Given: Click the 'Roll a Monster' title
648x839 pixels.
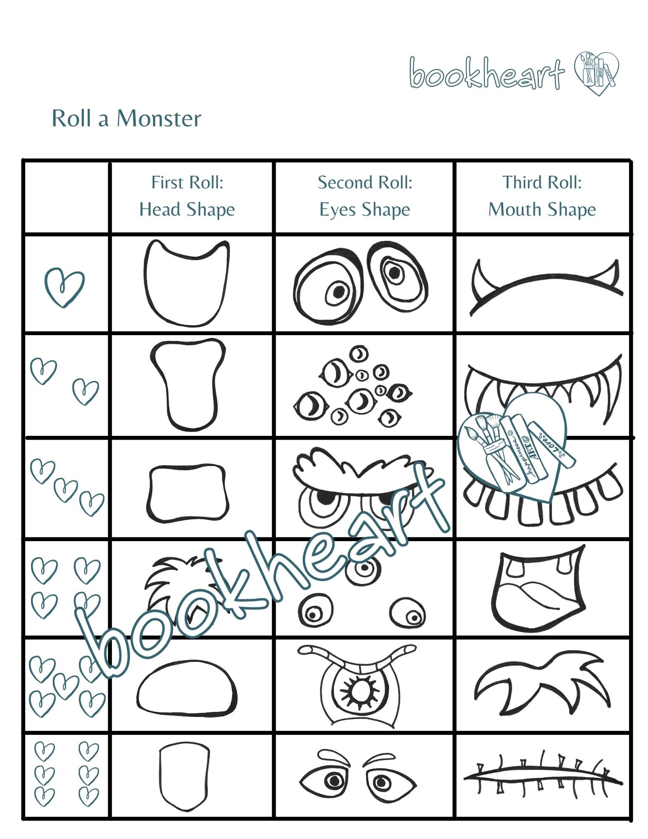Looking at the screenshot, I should [126, 119].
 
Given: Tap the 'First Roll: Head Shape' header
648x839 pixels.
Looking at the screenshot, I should [187, 196].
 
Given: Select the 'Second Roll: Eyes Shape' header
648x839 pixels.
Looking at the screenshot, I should [364, 196].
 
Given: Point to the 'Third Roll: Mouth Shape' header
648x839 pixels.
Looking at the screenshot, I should [542, 196].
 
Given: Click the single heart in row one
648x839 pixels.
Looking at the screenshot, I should [64, 287].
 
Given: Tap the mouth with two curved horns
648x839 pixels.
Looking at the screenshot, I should [545, 285].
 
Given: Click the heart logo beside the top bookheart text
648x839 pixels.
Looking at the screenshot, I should [596, 73].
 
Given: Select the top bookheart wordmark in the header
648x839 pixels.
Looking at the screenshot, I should [487, 74].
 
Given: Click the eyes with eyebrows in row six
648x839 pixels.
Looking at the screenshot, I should [357, 776].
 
